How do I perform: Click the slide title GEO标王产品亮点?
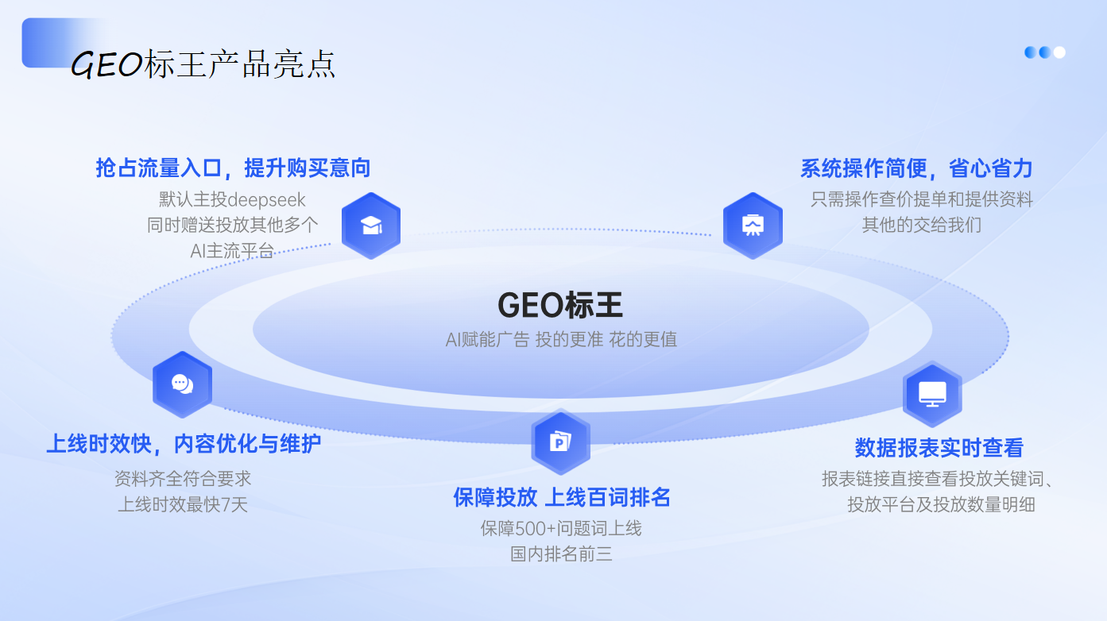click(203, 64)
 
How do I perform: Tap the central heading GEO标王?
click(560, 305)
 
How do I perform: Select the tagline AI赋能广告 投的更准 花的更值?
click(561, 339)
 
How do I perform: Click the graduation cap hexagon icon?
click(371, 226)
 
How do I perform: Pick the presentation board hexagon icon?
click(753, 226)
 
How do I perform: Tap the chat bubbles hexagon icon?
click(182, 384)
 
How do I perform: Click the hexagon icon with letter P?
click(560, 442)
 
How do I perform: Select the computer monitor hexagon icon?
click(932, 394)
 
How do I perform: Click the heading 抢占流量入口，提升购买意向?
click(233, 168)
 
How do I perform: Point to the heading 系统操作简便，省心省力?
click(916, 168)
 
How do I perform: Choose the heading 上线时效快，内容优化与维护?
click(184, 444)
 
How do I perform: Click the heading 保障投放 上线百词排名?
click(561, 497)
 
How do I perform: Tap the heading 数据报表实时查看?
click(939, 448)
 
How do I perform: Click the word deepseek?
click(266, 200)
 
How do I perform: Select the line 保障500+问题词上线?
click(561, 529)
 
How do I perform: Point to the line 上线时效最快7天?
click(183, 504)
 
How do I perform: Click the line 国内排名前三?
click(561, 553)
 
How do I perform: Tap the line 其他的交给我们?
click(922, 225)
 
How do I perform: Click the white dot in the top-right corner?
click(1059, 52)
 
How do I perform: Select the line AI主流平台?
click(232, 251)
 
